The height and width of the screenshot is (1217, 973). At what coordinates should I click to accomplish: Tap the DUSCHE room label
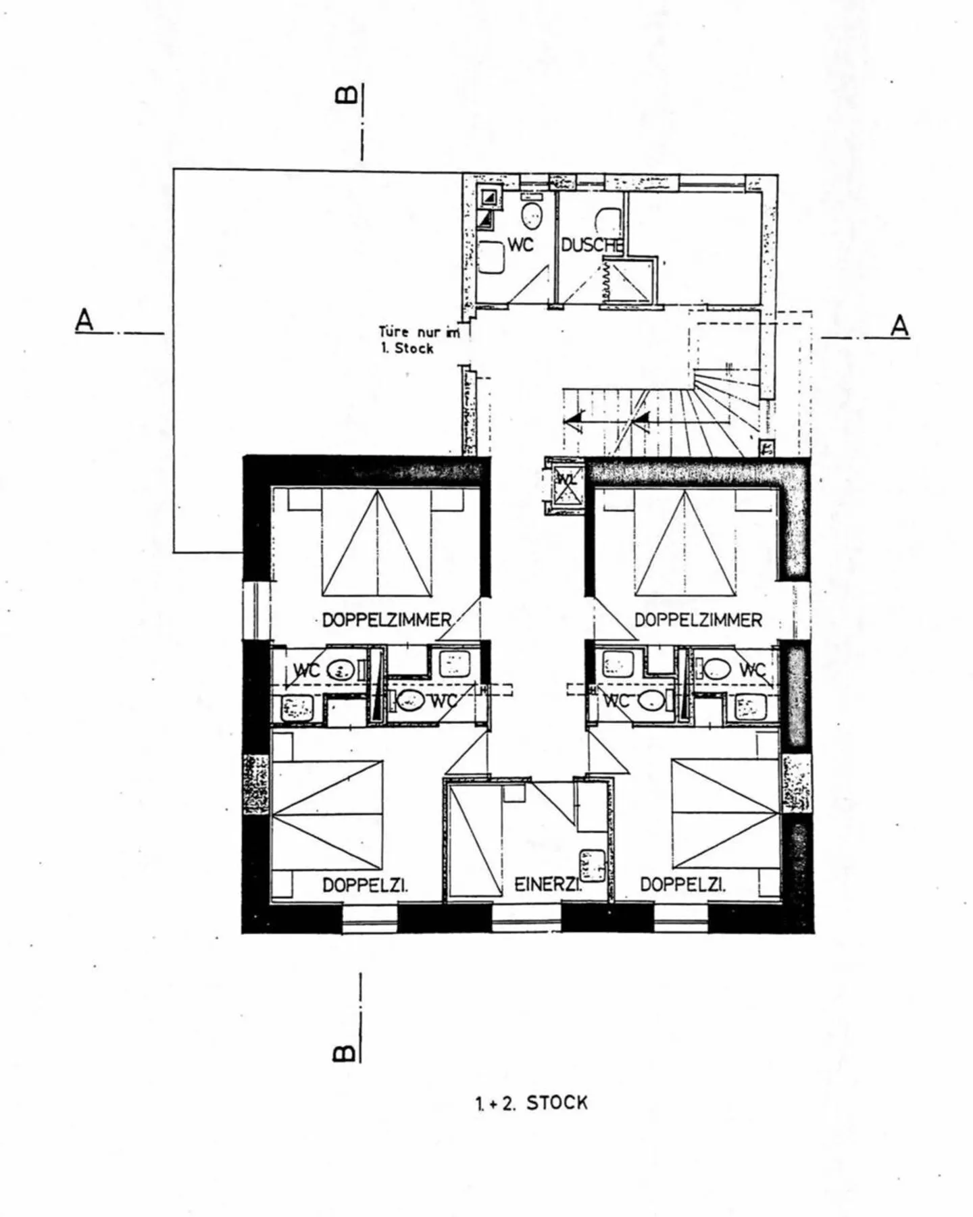click(x=592, y=245)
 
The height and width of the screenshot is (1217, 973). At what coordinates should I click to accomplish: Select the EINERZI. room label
click(x=548, y=884)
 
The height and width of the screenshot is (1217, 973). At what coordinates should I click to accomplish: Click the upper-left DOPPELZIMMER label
click(x=386, y=619)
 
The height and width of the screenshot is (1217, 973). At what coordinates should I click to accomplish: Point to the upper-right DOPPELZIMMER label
click(x=698, y=619)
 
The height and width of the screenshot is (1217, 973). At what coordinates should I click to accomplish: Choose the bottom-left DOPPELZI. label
click(x=365, y=884)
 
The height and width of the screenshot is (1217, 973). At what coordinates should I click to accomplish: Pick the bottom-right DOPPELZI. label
click(x=682, y=884)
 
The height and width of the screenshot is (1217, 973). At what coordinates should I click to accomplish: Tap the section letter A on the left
click(x=84, y=320)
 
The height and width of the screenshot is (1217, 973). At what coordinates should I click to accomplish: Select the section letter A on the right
click(x=899, y=326)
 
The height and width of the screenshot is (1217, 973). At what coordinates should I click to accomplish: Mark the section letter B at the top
click(x=345, y=95)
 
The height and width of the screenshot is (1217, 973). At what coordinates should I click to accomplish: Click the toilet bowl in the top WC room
click(x=532, y=215)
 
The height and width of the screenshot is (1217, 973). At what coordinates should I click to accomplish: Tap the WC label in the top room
click(x=520, y=244)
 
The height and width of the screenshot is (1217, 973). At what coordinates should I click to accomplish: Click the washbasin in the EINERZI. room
click(x=591, y=866)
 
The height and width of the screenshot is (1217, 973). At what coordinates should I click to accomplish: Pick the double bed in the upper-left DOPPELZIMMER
click(x=376, y=544)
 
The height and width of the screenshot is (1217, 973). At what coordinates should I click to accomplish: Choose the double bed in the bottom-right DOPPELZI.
click(x=725, y=814)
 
